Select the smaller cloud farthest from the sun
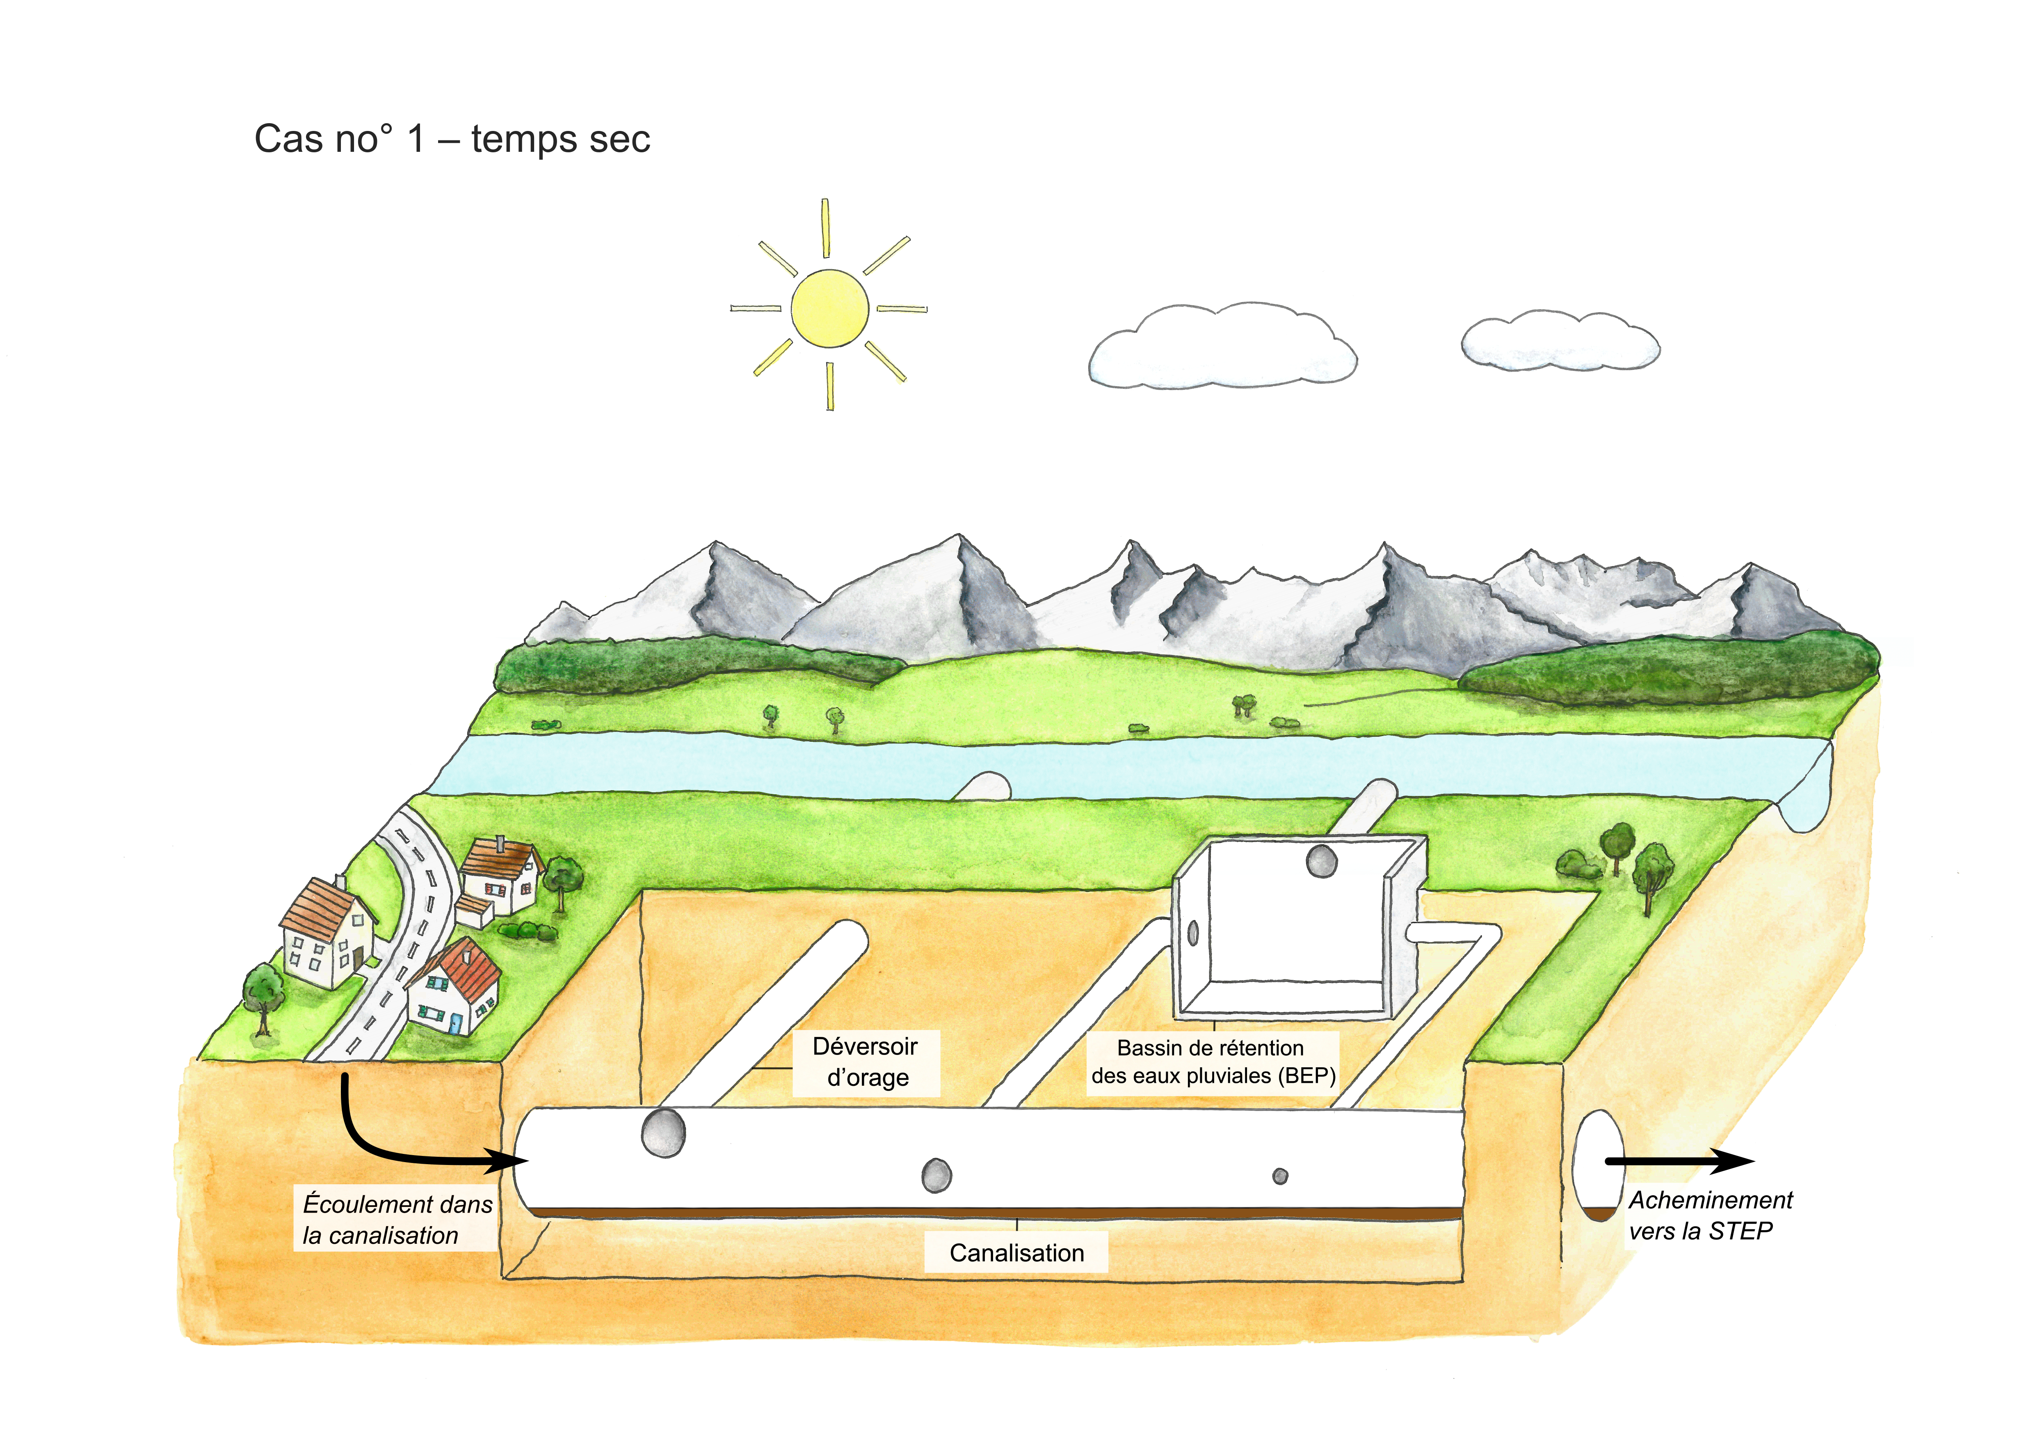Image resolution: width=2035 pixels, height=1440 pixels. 1560,340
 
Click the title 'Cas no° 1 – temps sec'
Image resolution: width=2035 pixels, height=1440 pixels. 452,139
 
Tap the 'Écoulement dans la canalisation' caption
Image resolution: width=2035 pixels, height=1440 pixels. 396,1219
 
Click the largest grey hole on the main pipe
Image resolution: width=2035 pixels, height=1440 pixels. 663,1132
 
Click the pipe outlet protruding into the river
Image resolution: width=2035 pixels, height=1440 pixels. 984,787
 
